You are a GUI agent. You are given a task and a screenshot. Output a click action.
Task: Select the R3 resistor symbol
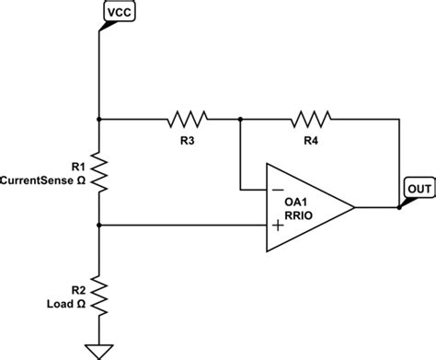(187, 118)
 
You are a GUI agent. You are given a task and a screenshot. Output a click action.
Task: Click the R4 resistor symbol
(311, 118)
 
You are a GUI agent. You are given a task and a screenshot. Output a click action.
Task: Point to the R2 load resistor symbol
(99, 296)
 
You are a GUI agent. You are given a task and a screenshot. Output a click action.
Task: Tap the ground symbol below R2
(99, 350)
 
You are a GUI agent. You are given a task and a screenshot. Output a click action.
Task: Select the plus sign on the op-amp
(275, 225)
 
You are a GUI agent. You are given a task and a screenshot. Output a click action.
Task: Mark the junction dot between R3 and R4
(239, 118)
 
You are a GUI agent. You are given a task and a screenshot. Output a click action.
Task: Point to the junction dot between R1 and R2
(99, 225)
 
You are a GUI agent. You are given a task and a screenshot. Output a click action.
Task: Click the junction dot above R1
(99, 118)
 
